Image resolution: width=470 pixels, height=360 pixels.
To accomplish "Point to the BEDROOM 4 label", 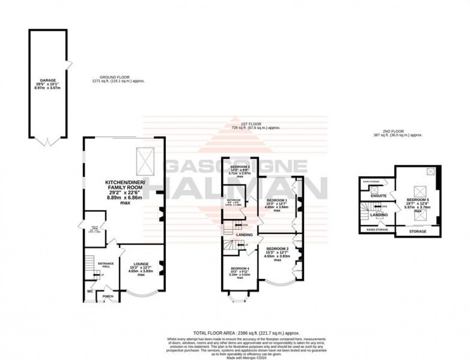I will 239,268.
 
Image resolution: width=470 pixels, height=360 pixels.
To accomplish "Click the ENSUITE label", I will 378,196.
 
